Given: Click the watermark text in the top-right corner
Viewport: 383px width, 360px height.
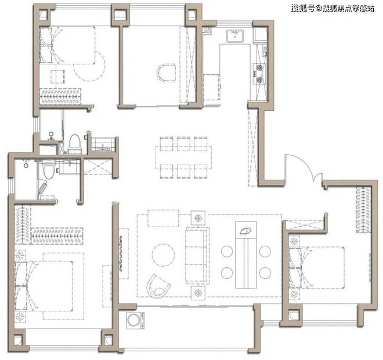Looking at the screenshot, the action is click(x=333, y=8).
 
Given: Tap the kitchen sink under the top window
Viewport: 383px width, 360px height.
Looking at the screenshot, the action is click(x=235, y=36).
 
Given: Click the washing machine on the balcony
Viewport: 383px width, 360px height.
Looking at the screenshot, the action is click(x=134, y=320).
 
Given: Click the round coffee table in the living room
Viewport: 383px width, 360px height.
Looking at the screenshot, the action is click(x=163, y=255).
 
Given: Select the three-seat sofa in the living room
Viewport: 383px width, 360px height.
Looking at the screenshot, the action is click(x=197, y=256).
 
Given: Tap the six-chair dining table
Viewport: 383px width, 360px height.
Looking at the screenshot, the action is click(x=183, y=158).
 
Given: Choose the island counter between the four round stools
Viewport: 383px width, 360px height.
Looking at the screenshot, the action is click(x=245, y=255).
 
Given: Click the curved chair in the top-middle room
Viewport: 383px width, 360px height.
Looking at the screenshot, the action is click(x=167, y=73).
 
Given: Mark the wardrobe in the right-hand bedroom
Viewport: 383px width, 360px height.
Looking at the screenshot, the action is click(x=363, y=210).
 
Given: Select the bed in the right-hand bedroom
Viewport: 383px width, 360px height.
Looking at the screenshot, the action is click(x=317, y=268).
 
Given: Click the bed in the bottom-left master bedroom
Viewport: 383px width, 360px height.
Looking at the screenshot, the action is click(x=44, y=286).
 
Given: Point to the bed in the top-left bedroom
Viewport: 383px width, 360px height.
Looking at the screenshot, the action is click(x=67, y=45).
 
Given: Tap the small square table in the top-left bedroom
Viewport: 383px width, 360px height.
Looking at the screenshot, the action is click(x=58, y=77).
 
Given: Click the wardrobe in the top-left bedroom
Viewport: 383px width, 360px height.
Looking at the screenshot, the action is click(x=60, y=96).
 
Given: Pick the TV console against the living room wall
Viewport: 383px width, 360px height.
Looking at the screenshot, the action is click(x=124, y=254).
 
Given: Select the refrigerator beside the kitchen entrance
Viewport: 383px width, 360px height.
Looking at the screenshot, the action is click(x=212, y=87).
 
